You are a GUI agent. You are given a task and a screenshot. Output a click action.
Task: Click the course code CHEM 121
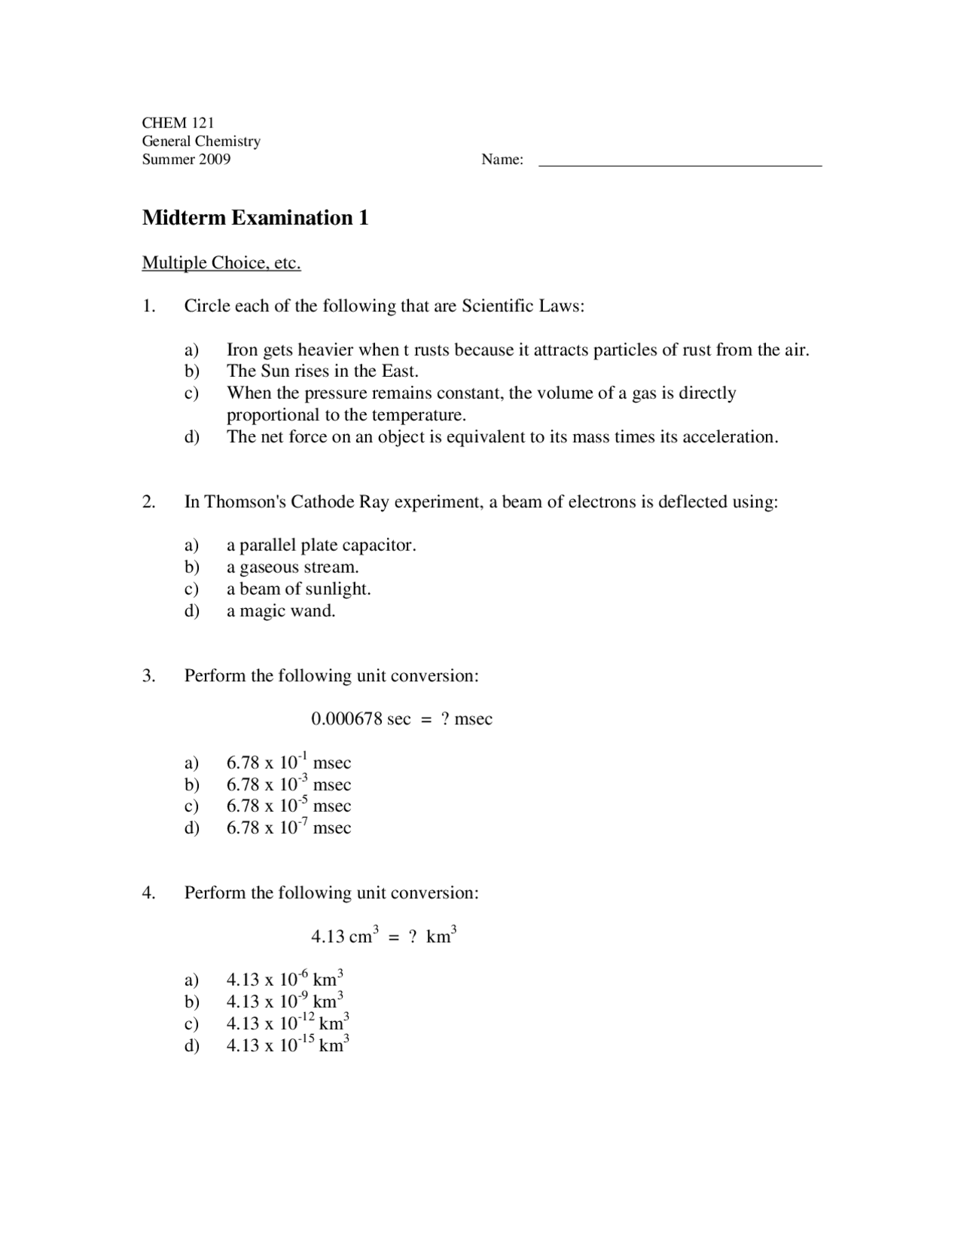178,123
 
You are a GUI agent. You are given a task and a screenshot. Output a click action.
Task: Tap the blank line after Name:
680,161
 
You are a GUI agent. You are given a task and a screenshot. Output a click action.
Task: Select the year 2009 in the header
215,159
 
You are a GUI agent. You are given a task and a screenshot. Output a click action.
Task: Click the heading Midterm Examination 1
255,218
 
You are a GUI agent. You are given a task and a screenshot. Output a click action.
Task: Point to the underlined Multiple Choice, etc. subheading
221,263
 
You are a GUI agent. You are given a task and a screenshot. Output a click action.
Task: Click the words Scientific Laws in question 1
522,306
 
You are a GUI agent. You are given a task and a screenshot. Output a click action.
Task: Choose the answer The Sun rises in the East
322,371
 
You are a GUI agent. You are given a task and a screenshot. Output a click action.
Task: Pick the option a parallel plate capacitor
321,545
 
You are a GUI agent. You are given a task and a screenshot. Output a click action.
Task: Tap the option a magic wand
281,610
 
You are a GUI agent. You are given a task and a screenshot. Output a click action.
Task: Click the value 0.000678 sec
361,719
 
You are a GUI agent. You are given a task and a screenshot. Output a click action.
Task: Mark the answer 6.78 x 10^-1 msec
288,762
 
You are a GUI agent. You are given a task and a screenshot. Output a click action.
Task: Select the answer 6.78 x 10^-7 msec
288,827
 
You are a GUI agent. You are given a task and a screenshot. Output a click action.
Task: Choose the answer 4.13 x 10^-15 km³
287,1045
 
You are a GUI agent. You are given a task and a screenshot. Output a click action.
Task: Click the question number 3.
148,675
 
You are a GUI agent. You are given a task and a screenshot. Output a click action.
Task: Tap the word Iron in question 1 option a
242,350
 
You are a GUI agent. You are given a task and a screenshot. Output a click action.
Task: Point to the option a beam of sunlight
298,589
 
